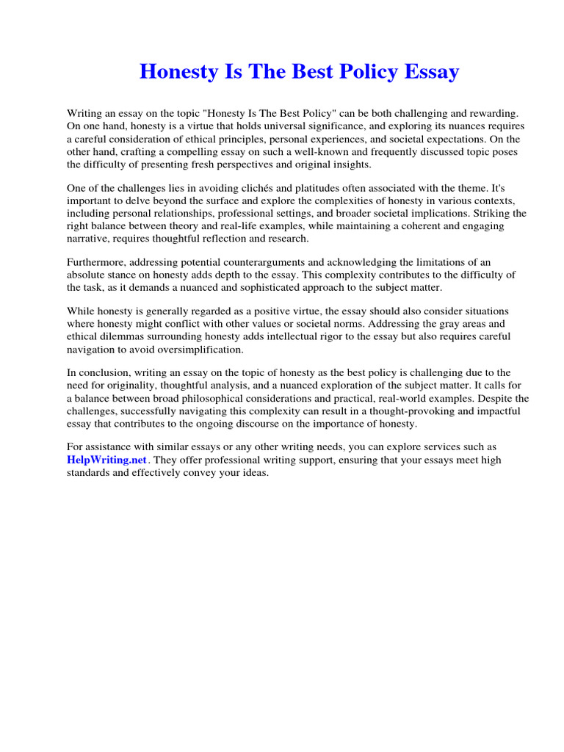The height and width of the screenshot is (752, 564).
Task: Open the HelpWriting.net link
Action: tap(108, 460)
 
